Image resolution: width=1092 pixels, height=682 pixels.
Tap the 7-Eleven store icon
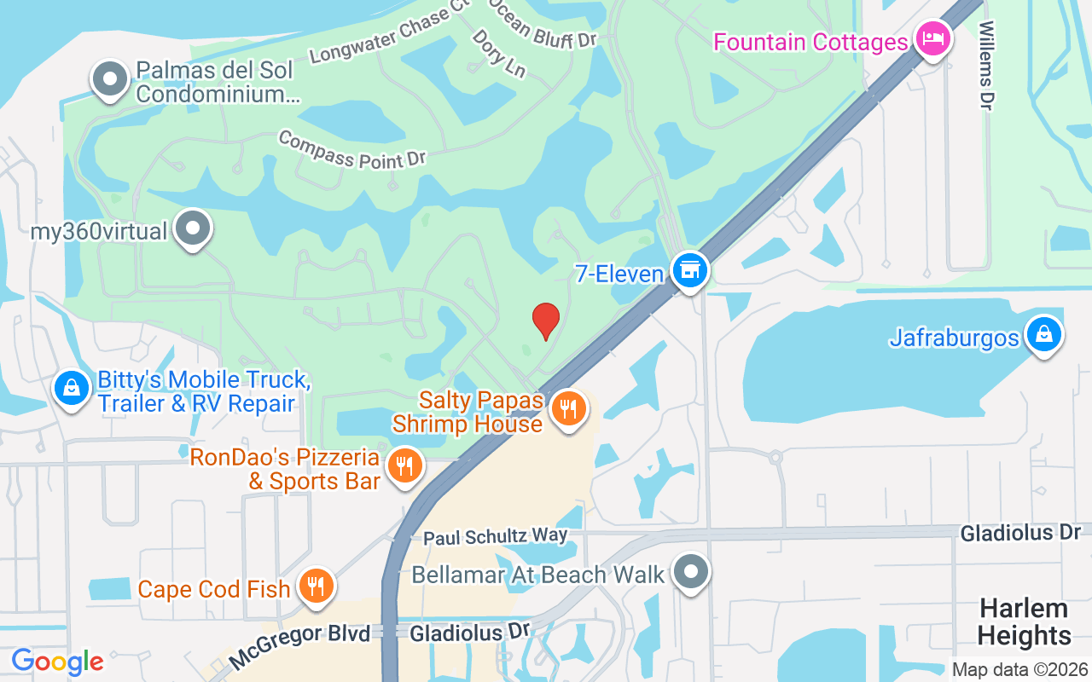[x=689, y=269]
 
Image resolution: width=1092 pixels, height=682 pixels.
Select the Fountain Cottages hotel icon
[x=932, y=39]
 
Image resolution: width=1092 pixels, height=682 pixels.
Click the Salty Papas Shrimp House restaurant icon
[x=567, y=409]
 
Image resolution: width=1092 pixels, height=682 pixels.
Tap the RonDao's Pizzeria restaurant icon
[x=405, y=466]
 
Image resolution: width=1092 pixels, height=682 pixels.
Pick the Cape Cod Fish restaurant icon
[x=317, y=586]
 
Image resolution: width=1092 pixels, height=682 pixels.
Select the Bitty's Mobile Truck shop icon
[x=72, y=388]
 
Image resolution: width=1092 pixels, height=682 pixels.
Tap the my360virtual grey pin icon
[x=194, y=228]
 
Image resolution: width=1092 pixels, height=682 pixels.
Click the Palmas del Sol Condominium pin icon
[x=109, y=78]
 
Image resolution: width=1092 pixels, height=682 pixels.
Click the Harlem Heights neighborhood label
[x=1024, y=621]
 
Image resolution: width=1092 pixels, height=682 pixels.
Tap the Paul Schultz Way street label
[x=496, y=536]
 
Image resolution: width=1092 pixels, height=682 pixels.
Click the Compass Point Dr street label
[x=351, y=151]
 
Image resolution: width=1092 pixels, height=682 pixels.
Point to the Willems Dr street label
[x=986, y=65]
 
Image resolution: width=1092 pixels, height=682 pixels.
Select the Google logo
[x=57, y=662]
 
